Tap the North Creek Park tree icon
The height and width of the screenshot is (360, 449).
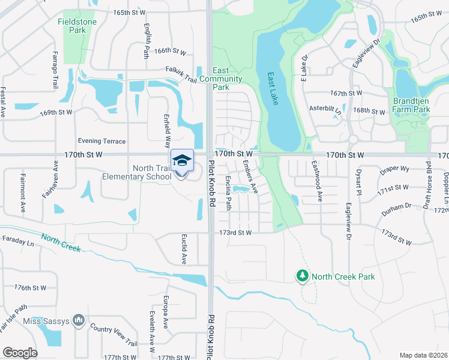302,276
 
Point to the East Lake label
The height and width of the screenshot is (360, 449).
273,89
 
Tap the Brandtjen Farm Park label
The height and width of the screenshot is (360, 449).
411,105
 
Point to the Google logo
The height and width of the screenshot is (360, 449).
20,352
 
